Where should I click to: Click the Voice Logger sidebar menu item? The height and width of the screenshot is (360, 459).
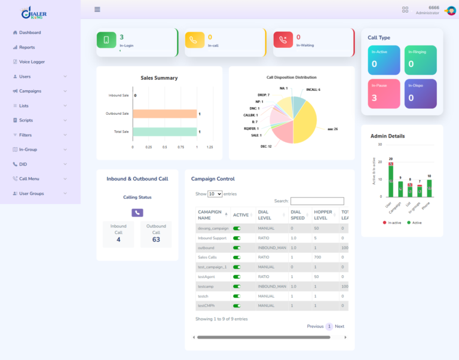32,62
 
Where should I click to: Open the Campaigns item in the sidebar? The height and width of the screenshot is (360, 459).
30,91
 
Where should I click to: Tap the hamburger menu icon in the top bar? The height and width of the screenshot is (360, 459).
97,10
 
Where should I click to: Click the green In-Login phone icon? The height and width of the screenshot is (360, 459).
106,40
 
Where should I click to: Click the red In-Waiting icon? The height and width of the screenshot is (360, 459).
283,40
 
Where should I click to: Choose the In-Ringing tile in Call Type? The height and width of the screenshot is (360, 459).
420,60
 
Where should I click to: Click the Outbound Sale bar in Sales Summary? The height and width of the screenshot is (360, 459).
164,114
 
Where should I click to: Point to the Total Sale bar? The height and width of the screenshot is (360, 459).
164,132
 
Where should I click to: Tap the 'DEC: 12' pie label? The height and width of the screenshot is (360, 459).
266,146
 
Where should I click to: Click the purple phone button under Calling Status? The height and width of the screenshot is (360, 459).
137,212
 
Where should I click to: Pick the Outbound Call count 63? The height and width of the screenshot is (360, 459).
156,239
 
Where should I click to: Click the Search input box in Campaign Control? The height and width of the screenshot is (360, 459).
317,202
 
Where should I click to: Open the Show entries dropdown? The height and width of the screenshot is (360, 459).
215,194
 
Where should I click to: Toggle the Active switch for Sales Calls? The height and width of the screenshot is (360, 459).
237,257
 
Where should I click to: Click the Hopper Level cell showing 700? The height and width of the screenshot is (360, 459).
317,257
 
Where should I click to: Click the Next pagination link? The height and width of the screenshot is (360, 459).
339,327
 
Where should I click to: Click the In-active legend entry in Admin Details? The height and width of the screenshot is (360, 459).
392,222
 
